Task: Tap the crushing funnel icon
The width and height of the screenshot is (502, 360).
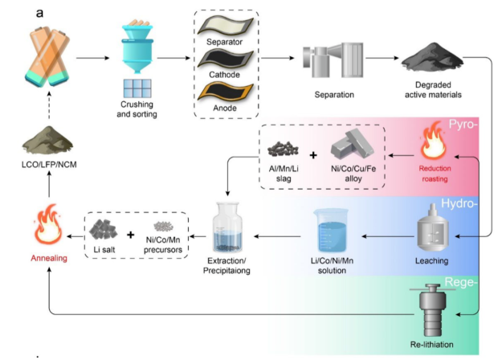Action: click(137, 51)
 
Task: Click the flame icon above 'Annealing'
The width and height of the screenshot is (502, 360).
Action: click(48, 227)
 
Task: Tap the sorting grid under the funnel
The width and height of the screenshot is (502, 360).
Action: click(137, 88)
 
